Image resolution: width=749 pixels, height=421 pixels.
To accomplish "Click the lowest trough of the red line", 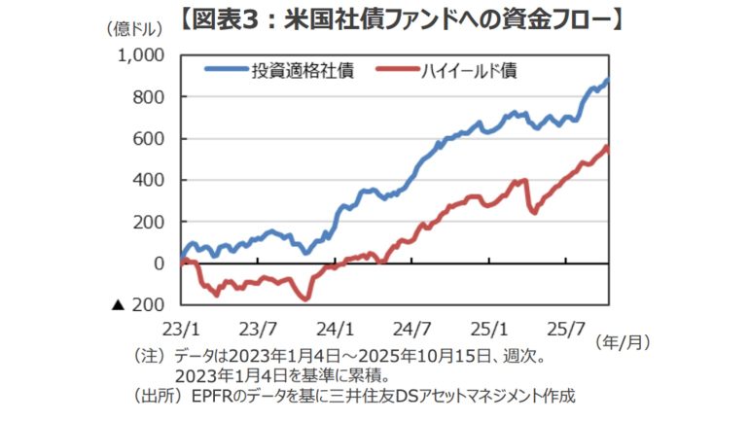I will point(305,298).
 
